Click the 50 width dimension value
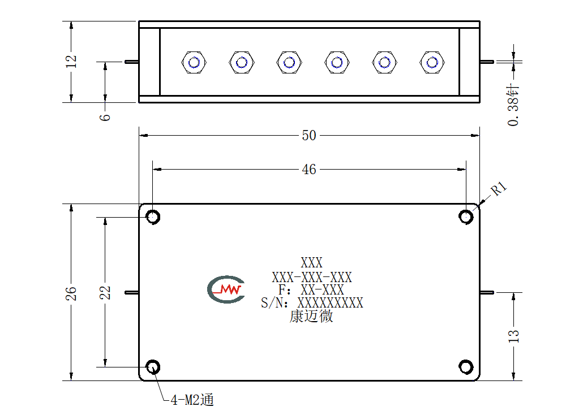click(308, 136)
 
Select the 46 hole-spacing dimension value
click(308, 170)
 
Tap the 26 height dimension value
click(71, 293)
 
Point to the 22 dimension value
click(105, 293)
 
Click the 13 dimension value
click(513, 336)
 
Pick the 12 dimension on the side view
click(71, 62)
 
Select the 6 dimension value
click(105, 117)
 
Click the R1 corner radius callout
click(499, 189)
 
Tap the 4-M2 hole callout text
click(192, 400)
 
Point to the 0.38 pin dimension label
click(513, 106)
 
